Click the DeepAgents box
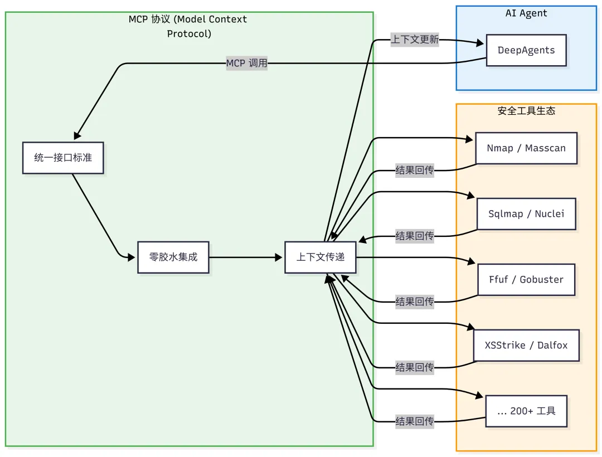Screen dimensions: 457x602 click(526, 50)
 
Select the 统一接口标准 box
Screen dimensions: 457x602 click(63, 158)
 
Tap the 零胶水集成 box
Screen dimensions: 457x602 click(173, 257)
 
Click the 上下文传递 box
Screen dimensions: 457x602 click(321, 257)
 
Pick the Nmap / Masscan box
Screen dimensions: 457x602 click(526, 148)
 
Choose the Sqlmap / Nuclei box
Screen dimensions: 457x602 click(526, 214)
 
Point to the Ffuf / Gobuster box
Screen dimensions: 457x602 click(526, 280)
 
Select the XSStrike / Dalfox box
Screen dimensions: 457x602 click(526, 346)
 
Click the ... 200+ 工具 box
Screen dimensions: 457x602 click(526, 411)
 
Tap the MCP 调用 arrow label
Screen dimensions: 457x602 click(246, 63)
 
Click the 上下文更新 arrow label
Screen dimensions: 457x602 click(415, 40)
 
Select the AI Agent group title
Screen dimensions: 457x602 click(526, 13)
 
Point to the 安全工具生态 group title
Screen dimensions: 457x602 click(526, 110)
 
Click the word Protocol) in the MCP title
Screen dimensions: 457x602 click(189, 33)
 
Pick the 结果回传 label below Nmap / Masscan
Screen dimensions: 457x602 click(415, 171)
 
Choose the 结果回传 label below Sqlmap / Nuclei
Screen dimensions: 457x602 click(415, 236)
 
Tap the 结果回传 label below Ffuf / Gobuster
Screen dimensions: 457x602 click(415, 302)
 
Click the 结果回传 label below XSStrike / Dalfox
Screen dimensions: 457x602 click(415, 367)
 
